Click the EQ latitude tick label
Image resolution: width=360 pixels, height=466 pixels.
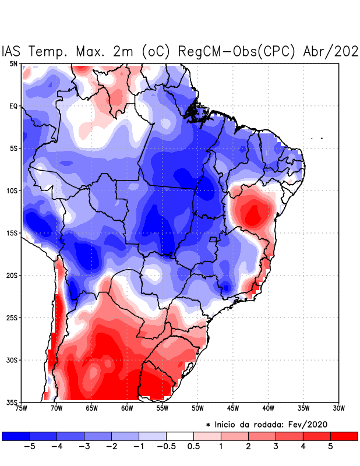[x=13, y=106]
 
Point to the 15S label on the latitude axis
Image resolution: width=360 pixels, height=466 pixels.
[x=13, y=233]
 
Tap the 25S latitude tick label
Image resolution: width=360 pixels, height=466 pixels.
[x=13, y=317]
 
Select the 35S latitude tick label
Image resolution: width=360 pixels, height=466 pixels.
[x=13, y=402]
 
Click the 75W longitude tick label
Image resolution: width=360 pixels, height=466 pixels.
[x=22, y=408]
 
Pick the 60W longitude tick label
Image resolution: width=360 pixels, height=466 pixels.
[x=127, y=408]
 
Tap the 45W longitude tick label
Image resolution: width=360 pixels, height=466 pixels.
[x=233, y=408]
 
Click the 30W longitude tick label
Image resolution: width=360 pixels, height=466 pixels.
[x=338, y=408]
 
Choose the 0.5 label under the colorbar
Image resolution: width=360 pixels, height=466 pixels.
[x=193, y=447]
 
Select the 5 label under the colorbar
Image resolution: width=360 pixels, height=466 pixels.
[x=331, y=447]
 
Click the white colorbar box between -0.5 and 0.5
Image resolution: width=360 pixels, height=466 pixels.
[x=180, y=436]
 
